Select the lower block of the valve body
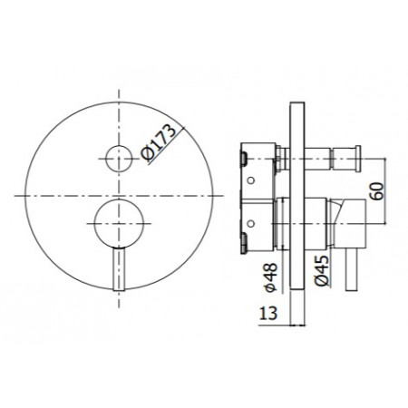258,227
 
